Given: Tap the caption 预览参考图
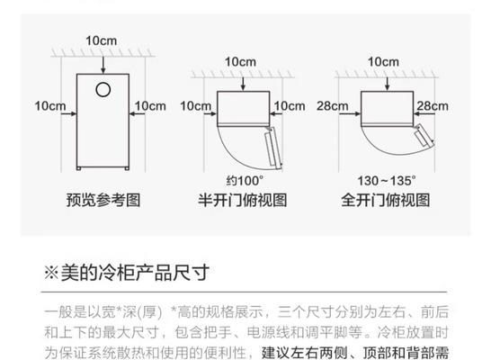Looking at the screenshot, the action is [x=103, y=200].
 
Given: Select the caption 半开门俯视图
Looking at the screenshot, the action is [x=243, y=200].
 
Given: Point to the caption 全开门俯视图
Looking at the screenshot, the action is [x=386, y=200].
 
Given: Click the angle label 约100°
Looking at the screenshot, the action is [x=245, y=181].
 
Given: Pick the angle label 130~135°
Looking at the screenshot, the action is [x=387, y=181].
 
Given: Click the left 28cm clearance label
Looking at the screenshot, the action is [x=332, y=106].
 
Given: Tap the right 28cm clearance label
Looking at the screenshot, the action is [x=433, y=106].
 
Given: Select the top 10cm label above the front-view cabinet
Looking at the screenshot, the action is [x=101, y=40].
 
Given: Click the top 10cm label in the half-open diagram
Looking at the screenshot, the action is [x=240, y=62].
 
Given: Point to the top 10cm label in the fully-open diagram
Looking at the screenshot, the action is [x=383, y=62].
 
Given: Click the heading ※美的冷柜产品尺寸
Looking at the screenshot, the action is [x=127, y=273].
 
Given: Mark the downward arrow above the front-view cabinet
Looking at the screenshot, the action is [x=103, y=65].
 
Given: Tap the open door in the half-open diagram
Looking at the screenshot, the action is [x=273, y=147].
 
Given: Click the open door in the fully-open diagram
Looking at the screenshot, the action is [x=424, y=135].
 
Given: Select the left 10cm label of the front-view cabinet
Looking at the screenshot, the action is [x=50, y=106].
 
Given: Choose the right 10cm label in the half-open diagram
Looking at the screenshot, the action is [x=290, y=106].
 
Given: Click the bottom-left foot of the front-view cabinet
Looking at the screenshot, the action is [x=78, y=168].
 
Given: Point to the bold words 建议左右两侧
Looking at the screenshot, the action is [x=305, y=353].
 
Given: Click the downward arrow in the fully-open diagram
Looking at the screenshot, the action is [x=388, y=83].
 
